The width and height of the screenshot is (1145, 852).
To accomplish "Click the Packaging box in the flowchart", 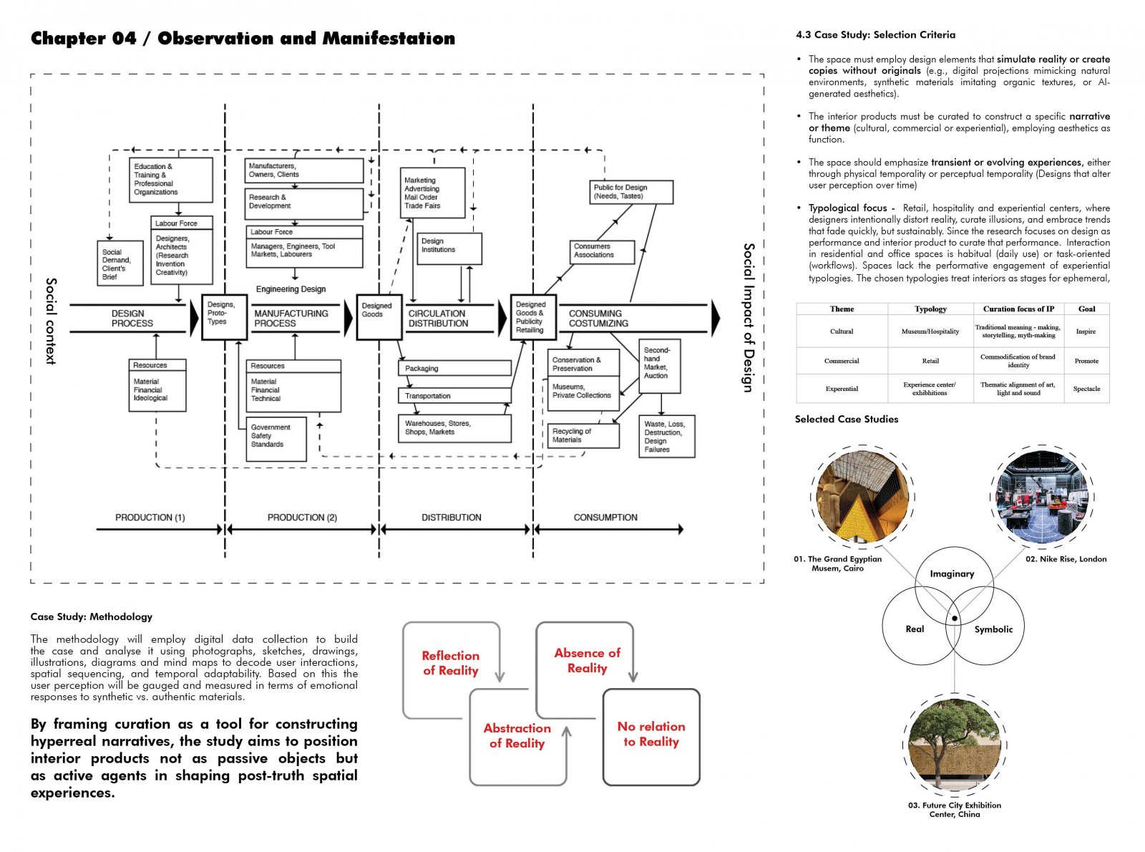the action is tap(454, 369).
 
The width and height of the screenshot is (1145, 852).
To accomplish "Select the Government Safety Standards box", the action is tap(276, 439).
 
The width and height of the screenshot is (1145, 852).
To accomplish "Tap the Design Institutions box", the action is tap(449, 248).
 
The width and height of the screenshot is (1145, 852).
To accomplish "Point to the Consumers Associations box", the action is tap(601, 252).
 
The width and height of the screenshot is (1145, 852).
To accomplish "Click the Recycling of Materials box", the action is tap(583, 435).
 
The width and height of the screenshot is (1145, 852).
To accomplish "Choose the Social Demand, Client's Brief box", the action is tap(120, 263).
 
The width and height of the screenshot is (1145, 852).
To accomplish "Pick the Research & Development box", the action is tap(303, 204).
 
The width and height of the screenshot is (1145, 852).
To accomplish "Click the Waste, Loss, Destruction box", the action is tap(666, 437).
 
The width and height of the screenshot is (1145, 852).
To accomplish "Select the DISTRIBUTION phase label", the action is tap(451, 517).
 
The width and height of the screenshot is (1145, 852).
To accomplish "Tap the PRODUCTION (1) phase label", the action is tap(150, 517).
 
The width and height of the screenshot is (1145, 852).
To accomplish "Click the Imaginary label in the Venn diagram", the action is tap(951, 573).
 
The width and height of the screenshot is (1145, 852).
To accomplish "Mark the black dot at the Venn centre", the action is tap(955, 618).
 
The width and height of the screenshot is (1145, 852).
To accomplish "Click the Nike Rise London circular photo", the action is tap(1042, 497).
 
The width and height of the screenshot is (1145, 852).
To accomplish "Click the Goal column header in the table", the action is tap(1086, 309).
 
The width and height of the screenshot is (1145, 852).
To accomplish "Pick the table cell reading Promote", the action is tap(1086, 361).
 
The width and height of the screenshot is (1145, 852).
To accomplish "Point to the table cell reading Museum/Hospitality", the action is tap(930, 331).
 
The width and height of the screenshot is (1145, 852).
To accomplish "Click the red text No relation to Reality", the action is tap(651, 734).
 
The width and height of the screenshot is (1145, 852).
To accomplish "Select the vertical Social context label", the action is tap(51, 321).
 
